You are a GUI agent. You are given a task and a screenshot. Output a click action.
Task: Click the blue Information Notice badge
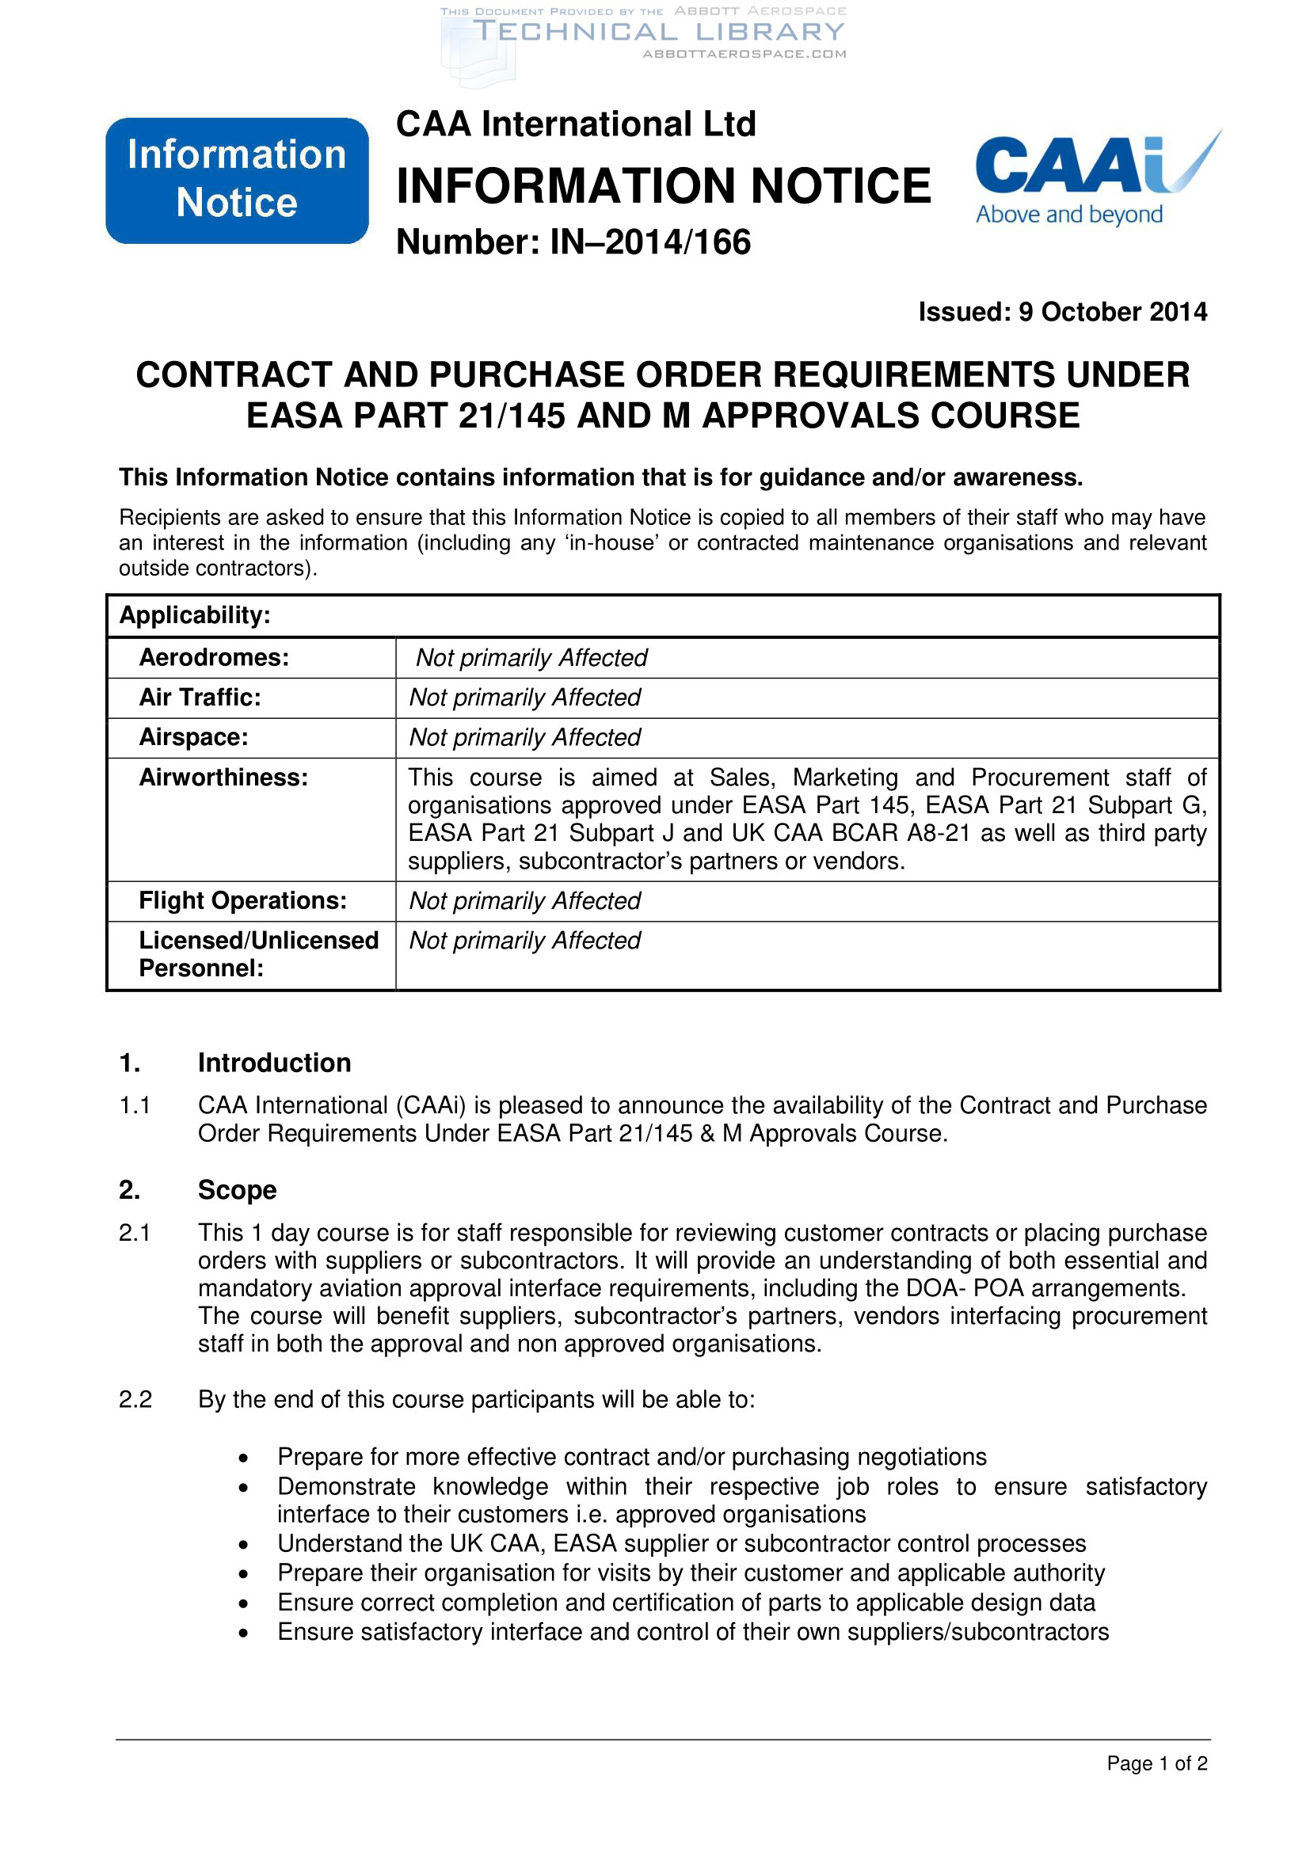(236, 180)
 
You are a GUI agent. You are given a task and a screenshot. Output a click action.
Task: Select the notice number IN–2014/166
(573, 242)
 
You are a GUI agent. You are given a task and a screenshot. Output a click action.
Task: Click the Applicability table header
(195, 615)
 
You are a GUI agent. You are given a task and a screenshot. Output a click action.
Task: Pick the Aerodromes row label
(214, 657)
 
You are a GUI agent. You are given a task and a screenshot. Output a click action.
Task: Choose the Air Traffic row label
(200, 697)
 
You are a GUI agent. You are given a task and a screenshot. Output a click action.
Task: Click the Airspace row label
(193, 737)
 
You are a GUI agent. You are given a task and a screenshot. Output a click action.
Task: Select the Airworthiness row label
(223, 777)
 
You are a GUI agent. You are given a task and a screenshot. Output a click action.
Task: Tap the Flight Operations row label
(243, 900)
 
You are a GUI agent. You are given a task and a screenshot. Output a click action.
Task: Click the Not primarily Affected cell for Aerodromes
(531, 657)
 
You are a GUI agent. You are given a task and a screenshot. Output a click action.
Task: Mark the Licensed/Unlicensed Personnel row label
(258, 953)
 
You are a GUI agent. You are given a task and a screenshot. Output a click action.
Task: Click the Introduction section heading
(274, 1063)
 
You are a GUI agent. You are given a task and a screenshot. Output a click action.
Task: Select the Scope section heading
(237, 1190)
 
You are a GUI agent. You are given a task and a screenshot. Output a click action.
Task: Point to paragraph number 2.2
(135, 1398)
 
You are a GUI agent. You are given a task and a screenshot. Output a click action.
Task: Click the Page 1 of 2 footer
(1156, 1763)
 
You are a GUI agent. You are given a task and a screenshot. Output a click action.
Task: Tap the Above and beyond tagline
(1068, 215)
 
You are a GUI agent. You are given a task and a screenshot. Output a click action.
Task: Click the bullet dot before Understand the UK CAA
(244, 1544)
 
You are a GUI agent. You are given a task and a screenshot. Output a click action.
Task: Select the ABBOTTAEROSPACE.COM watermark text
(744, 54)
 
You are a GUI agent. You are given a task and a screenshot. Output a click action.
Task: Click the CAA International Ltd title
(576, 124)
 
